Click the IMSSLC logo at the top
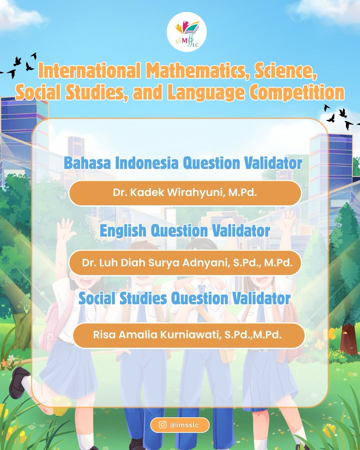click(186, 32)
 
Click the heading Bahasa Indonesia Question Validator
click(183, 163)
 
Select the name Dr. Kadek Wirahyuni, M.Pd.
click(185, 193)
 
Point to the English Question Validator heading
click(185, 231)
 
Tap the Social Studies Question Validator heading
click(184, 298)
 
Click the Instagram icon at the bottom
click(163, 425)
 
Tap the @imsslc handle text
click(184, 425)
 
